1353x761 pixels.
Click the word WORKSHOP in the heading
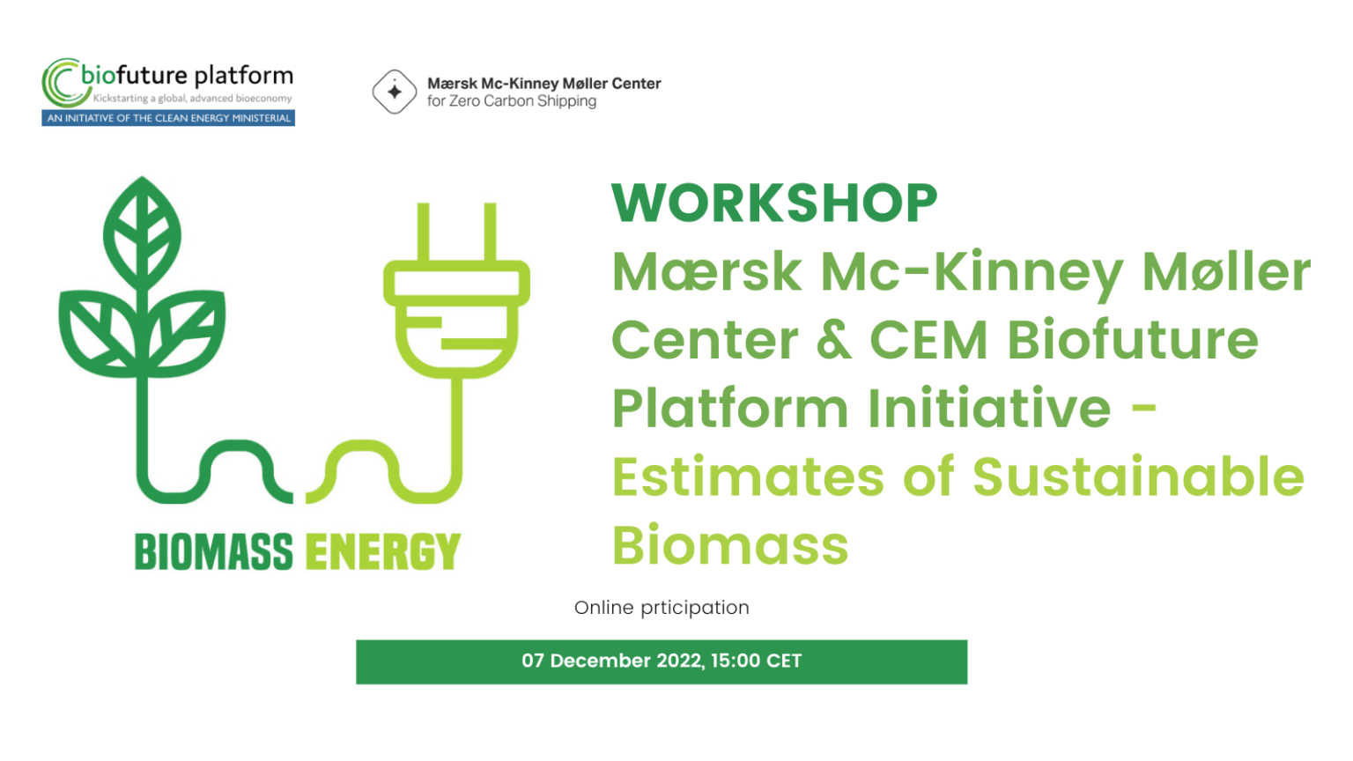pyautogui.click(x=774, y=203)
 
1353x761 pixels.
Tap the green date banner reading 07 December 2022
pyautogui.click(x=662, y=661)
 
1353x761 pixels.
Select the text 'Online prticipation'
pyautogui.click(x=662, y=608)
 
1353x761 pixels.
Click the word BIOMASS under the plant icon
pyautogui.click(x=213, y=552)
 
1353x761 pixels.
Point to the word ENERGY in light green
pyautogui.click(x=383, y=552)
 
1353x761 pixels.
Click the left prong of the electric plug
pyautogui.click(x=423, y=232)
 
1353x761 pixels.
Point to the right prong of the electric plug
pyautogui.click(x=490, y=232)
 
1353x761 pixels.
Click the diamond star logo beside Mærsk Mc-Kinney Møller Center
pyautogui.click(x=394, y=92)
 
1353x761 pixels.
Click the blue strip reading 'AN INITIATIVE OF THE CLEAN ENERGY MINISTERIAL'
pyautogui.click(x=168, y=118)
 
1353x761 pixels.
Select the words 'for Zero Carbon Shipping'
pyautogui.click(x=512, y=101)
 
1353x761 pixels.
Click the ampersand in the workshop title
pyautogui.click(x=833, y=340)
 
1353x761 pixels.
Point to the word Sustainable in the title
pyautogui.click(x=1138, y=477)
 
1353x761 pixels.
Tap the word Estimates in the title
pyautogui.click(x=748, y=477)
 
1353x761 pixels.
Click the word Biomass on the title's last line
pyautogui.click(x=730, y=545)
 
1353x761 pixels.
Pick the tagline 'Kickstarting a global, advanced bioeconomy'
pyautogui.click(x=192, y=99)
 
